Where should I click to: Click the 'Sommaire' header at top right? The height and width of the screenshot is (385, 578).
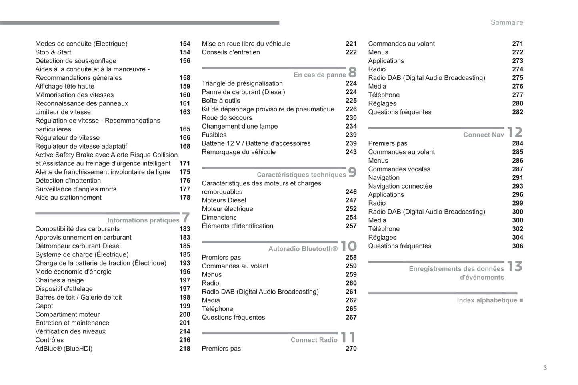[506, 22]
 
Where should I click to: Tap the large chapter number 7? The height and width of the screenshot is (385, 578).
[186, 218]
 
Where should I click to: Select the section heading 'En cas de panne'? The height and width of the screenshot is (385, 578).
[319, 75]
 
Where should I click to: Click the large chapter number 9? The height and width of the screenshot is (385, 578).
[352, 172]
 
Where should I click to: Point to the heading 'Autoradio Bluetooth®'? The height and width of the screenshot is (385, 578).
[303, 249]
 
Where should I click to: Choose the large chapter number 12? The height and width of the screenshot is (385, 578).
[514, 132]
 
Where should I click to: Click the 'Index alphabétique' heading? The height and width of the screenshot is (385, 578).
[487, 300]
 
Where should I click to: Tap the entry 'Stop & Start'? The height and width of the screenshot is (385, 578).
[53, 52]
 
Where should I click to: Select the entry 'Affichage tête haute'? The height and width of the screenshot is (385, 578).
[65, 86]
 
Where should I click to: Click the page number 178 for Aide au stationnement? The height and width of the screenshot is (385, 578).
[184, 197]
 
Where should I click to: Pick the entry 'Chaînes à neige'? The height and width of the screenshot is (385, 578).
[60, 280]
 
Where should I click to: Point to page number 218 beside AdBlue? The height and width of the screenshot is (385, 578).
[184, 348]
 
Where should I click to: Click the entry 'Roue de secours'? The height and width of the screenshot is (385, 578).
[227, 117]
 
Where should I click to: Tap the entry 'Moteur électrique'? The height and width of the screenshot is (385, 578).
[227, 208]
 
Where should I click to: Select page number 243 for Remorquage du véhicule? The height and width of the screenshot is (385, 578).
[351, 152]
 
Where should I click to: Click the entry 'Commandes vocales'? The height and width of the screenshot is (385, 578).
[399, 169]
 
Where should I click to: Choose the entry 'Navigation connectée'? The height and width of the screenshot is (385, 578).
[400, 186]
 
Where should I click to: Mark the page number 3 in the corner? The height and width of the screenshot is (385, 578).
[545, 368]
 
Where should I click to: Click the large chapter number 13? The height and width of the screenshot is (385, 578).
[514, 266]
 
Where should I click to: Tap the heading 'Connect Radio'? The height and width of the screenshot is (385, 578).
[314, 340]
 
